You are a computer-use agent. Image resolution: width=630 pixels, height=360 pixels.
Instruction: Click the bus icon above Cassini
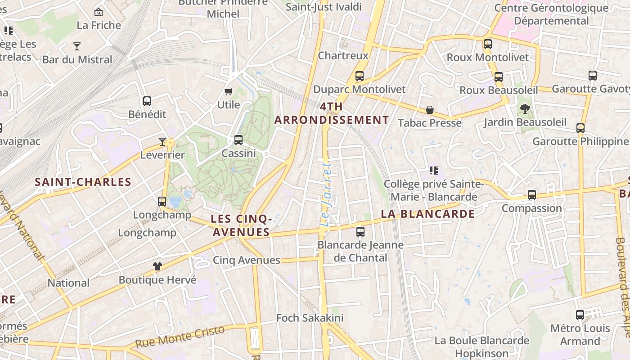pyautogui.click(x=238, y=140)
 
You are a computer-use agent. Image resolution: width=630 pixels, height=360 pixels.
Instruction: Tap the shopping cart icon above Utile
pyautogui.click(x=229, y=92)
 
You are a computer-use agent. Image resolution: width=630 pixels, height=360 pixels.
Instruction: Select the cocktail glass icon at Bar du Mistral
pyautogui.click(x=77, y=46)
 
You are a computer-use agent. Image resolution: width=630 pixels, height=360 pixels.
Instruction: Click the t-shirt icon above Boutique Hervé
pyautogui.click(x=157, y=266)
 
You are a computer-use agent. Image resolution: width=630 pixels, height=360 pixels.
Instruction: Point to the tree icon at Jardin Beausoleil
pyautogui.click(x=525, y=108)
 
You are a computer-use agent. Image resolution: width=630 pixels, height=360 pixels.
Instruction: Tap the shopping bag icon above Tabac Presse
pyautogui.click(x=430, y=110)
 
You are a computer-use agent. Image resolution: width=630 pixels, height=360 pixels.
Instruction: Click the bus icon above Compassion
pyautogui.click(x=532, y=195)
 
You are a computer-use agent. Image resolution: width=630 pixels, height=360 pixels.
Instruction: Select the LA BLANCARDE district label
pyautogui.click(x=427, y=214)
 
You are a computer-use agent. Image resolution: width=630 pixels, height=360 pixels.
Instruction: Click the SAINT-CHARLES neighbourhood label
pyautogui.click(x=83, y=182)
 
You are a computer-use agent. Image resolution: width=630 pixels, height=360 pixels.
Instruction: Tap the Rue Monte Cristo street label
pyautogui.click(x=180, y=336)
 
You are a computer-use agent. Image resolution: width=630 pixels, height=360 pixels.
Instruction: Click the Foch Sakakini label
pyautogui.click(x=310, y=318)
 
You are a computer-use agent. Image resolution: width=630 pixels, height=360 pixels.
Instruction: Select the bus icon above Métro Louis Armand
pyautogui.click(x=580, y=315)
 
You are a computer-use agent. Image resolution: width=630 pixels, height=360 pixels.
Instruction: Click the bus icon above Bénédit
pyautogui.click(x=147, y=101)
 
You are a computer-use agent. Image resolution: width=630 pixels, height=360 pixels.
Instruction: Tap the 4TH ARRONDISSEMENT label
pyautogui.click(x=332, y=113)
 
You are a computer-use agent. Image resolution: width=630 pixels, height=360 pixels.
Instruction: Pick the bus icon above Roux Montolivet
pyautogui.click(x=488, y=44)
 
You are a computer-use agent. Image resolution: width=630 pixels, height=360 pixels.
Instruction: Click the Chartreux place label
pyautogui.click(x=343, y=55)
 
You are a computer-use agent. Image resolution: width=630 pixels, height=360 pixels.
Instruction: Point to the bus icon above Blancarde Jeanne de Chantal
pyautogui.click(x=360, y=232)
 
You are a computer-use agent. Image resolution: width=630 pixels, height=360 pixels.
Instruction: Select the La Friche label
pyautogui.click(x=99, y=25)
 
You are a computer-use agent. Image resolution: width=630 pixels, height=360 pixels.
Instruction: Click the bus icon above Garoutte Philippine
pyautogui.click(x=580, y=128)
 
